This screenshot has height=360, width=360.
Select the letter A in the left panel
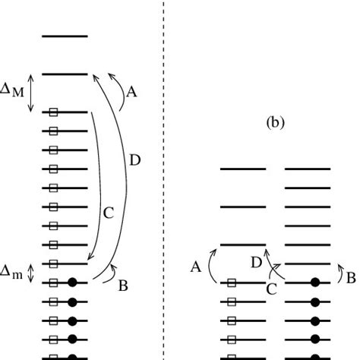point(131,92)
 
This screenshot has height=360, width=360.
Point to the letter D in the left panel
point(134,160)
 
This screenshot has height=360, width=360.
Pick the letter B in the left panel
point(123,286)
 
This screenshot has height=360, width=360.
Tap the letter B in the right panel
point(351,277)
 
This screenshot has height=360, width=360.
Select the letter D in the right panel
point(257,262)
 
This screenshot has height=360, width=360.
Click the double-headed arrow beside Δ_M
point(31,93)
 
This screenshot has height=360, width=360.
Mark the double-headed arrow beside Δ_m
point(31,273)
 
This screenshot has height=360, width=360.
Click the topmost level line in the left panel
point(65,36)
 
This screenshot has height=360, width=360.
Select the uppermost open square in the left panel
point(53,112)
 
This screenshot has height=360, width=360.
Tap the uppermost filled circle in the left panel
point(73,283)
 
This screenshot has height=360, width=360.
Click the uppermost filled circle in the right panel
point(315,283)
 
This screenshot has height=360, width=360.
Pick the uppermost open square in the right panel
point(232,283)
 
